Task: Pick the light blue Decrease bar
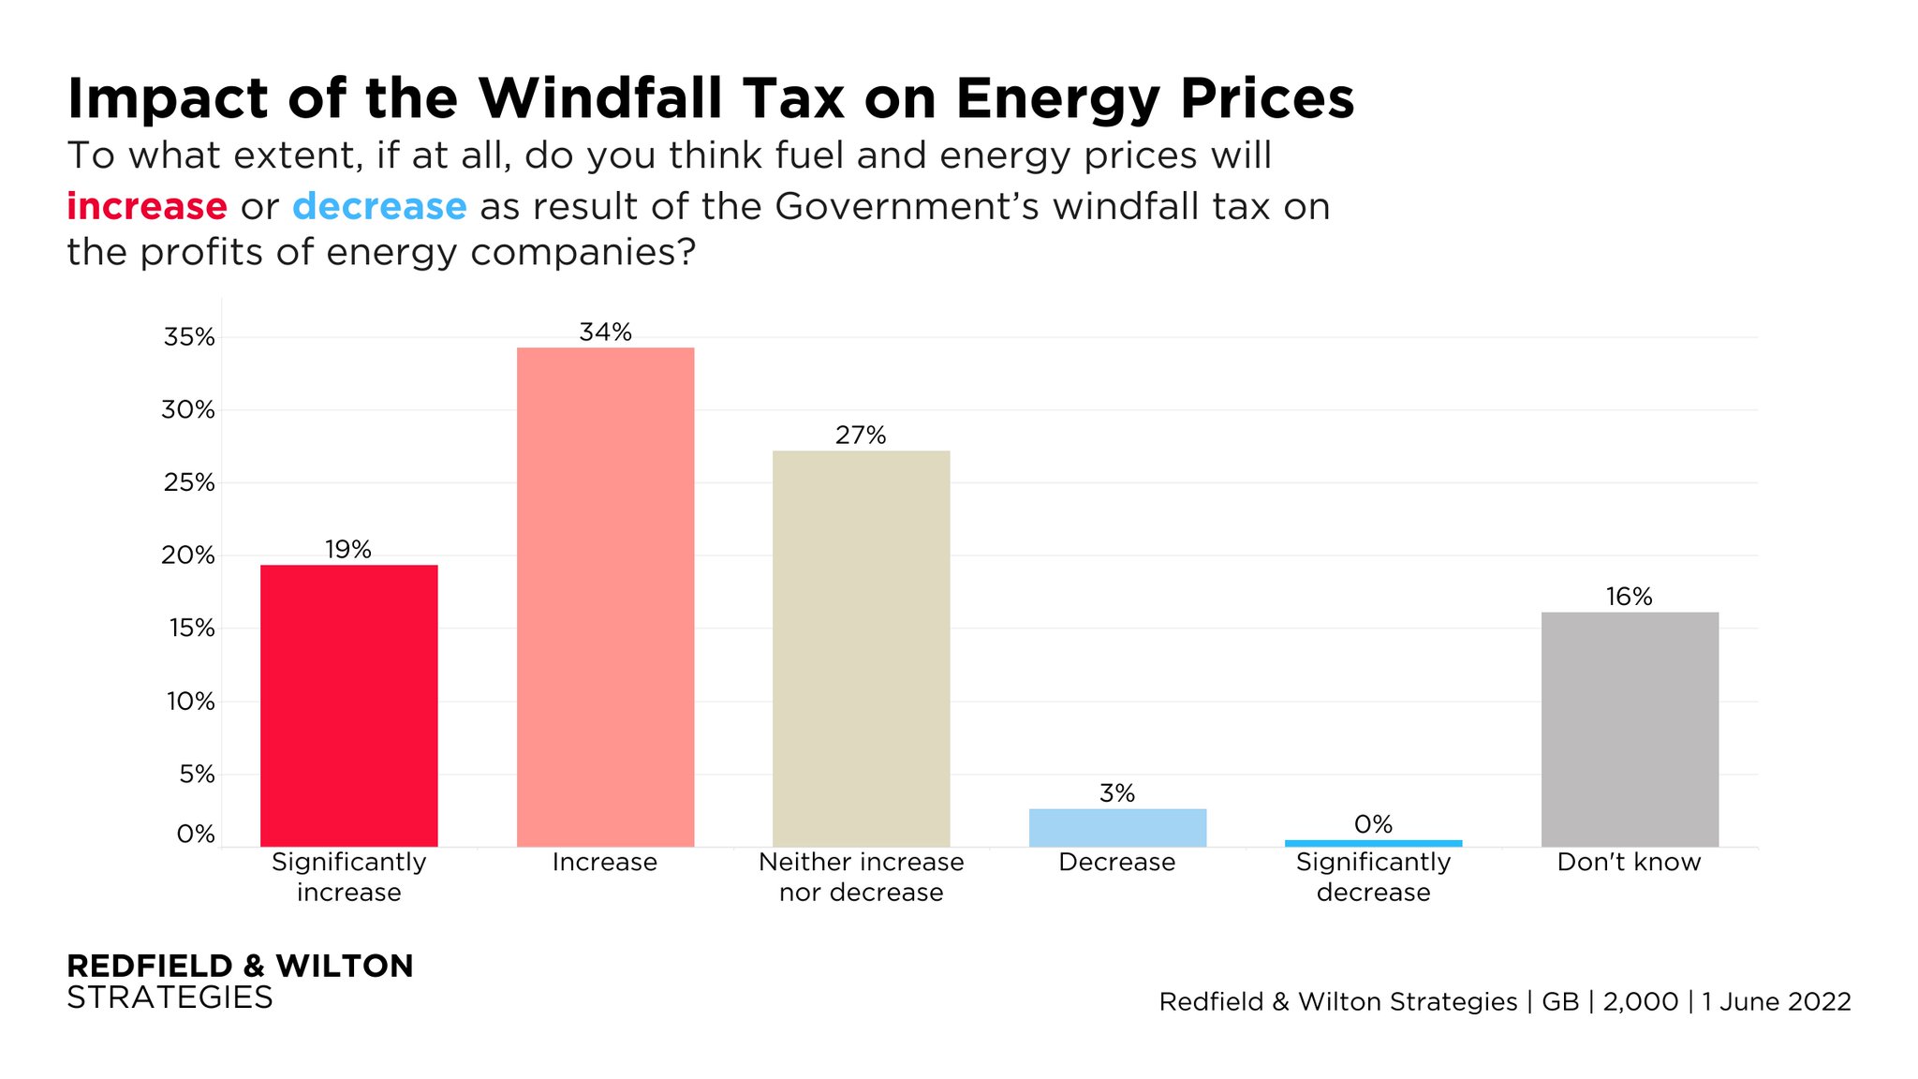coord(1117,828)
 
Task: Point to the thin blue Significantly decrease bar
coord(1373,843)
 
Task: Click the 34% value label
coord(605,333)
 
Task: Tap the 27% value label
coord(861,436)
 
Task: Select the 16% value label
coord(1629,597)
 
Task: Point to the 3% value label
coord(1117,793)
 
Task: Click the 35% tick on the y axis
coord(189,337)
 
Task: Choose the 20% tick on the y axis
coord(189,555)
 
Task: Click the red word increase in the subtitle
coord(147,206)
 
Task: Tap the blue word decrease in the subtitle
coord(379,206)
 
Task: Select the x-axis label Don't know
coord(1629,862)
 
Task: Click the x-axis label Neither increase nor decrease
coord(861,877)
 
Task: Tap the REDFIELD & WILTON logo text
coord(240,966)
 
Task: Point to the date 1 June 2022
coord(1777,1001)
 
